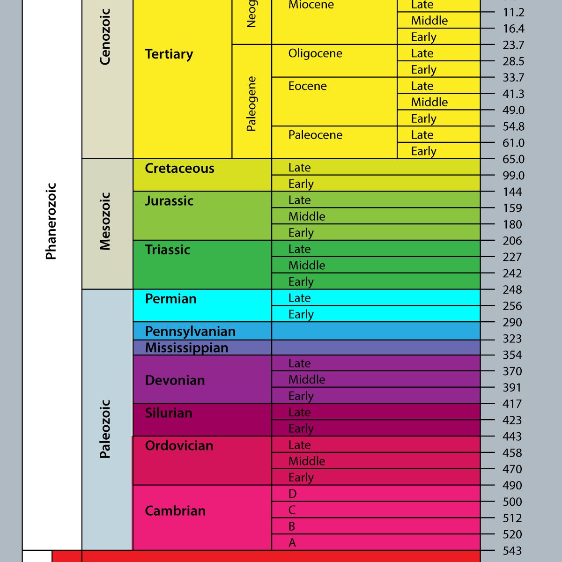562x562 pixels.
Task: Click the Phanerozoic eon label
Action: (x=51, y=221)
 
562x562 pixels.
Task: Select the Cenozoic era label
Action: (x=105, y=37)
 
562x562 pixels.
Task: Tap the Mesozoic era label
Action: (x=105, y=221)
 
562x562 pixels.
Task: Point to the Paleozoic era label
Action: (x=105, y=429)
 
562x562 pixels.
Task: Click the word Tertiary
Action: (x=169, y=54)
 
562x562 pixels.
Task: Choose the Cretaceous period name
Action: (x=179, y=169)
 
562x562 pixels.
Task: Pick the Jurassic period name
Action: (x=169, y=201)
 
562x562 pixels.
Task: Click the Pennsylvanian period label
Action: (x=190, y=332)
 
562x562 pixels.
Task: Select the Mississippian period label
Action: (x=186, y=348)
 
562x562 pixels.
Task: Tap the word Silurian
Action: (x=169, y=413)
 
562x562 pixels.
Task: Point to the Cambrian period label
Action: (x=175, y=511)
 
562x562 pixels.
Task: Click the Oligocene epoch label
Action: (x=315, y=53)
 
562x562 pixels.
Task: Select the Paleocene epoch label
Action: (x=315, y=135)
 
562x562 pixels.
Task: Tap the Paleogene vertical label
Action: (x=251, y=104)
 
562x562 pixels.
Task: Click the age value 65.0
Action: (x=513, y=159)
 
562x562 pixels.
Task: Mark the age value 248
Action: (x=512, y=290)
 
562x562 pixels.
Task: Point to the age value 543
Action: (x=512, y=551)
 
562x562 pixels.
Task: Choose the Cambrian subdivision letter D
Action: (x=293, y=494)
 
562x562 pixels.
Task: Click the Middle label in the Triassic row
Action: (x=307, y=266)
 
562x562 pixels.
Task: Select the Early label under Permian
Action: (x=301, y=315)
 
